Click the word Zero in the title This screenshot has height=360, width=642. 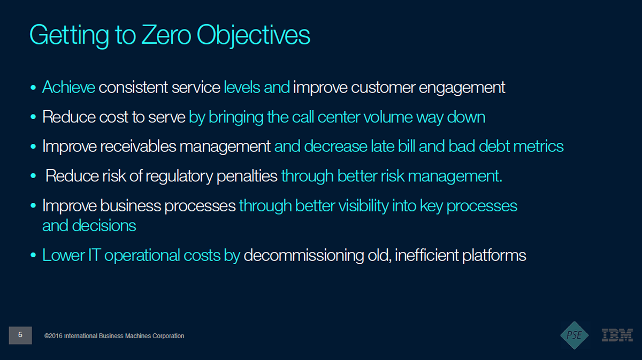pos(166,35)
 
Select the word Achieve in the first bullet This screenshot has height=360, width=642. pos(69,87)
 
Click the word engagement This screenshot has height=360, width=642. pos(462,88)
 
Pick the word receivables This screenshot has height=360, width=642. pos(138,146)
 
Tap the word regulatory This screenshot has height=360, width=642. pos(179,177)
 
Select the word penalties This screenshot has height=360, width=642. pos(247,177)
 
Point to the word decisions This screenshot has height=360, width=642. pos(104,225)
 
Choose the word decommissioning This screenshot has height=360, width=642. pos(304,255)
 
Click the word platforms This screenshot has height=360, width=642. pos(494,256)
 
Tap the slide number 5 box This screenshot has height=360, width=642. pos(20,335)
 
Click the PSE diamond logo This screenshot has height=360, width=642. pos(575,335)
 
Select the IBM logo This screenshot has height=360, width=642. pos(617,335)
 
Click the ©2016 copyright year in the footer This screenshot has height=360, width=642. pos(53,336)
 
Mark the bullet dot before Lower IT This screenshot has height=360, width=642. pos(33,255)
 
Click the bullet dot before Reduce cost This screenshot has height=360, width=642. pos(33,117)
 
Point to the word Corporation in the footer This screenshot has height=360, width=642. pos(168,336)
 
